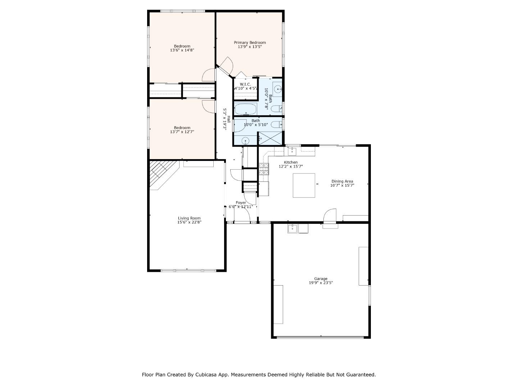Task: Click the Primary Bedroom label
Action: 250,42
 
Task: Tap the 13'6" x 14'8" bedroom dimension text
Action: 182,51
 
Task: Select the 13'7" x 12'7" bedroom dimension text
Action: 182,132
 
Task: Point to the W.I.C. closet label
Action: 245,84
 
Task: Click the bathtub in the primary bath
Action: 245,109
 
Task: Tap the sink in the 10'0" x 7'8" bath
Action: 278,88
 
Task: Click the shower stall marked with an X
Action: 271,138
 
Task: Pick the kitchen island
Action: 304,185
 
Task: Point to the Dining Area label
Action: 342,181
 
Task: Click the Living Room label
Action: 189,218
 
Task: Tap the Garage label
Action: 321,278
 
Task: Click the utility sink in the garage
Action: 292,228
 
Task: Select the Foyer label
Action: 241,203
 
